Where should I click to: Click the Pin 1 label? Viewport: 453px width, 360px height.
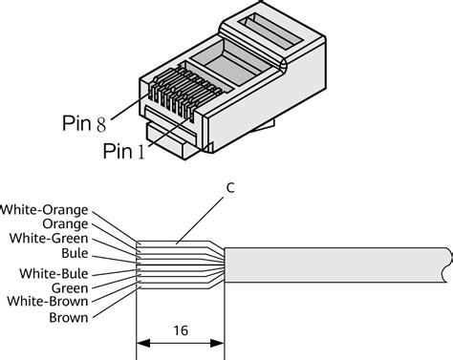[x=125, y=151]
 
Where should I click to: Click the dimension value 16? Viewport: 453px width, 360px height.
[x=181, y=331]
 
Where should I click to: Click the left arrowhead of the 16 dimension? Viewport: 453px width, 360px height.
[x=144, y=342]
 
